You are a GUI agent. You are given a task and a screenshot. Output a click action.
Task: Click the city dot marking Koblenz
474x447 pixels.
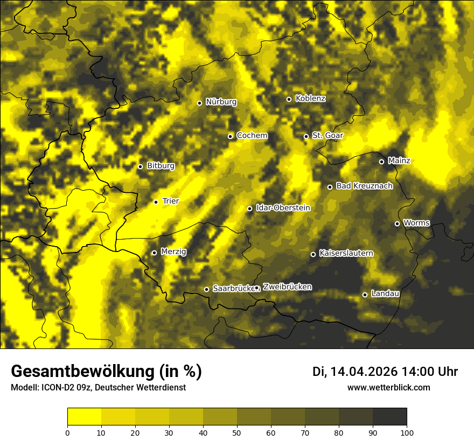(x=289, y=99)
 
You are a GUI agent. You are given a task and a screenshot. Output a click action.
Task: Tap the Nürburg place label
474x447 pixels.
(x=221, y=102)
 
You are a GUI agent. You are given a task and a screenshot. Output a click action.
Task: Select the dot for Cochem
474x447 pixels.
(x=230, y=136)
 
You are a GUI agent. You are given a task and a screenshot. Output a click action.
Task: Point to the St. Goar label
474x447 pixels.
(x=327, y=136)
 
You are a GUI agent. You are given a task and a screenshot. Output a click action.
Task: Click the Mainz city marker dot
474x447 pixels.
(x=381, y=162)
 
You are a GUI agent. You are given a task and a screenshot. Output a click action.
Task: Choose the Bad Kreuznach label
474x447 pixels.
(x=364, y=186)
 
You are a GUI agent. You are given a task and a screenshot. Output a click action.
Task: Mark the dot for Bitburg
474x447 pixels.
(x=140, y=166)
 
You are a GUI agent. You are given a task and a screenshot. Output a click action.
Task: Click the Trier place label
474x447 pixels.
(x=170, y=201)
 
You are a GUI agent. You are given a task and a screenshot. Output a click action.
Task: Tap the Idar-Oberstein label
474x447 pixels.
(x=283, y=208)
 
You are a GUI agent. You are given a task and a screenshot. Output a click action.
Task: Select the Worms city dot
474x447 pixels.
(x=397, y=223)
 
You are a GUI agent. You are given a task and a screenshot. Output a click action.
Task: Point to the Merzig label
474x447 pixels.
(x=173, y=252)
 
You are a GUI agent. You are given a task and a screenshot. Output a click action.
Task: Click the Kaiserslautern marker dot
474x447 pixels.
(x=313, y=254)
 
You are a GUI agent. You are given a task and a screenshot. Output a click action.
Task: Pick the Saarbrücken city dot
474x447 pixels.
(x=206, y=289)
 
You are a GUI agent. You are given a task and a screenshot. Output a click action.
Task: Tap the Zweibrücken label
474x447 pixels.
(x=287, y=287)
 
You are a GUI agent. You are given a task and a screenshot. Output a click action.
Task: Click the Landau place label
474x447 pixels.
(x=385, y=294)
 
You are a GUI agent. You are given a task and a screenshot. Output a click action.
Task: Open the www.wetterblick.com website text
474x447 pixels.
(x=388, y=387)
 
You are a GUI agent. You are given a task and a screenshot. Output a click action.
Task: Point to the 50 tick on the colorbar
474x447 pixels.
(x=237, y=432)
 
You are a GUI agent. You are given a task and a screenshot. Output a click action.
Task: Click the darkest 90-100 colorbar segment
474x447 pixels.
(x=389, y=416)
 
